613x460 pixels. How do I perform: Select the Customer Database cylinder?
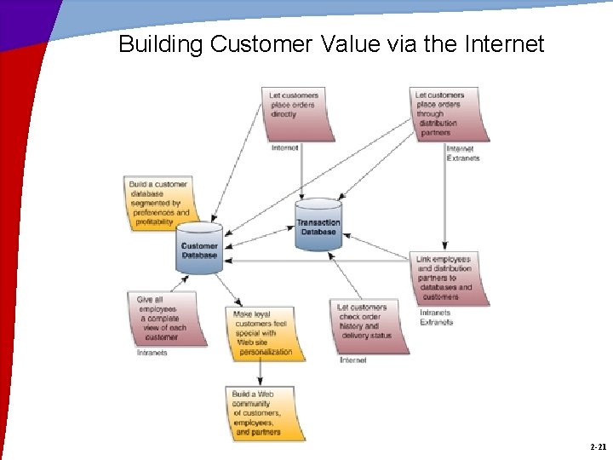click(x=200, y=250)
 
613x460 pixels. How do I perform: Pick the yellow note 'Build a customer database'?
click(x=159, y=203)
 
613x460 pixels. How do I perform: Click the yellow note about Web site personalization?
click(x=266, y=332)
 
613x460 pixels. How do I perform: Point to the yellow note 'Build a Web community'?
click(x=266, y=413)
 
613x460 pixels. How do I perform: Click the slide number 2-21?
click(x=598, y=446)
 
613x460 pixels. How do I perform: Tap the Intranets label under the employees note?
click(x=152, y=352)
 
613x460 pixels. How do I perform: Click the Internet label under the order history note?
click(x=353, y=360)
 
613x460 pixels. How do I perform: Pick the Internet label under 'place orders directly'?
click(x=284, y=148)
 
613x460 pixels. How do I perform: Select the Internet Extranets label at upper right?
click(x=462, y=153)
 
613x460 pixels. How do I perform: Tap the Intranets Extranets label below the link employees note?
click(x=436, y=318)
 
